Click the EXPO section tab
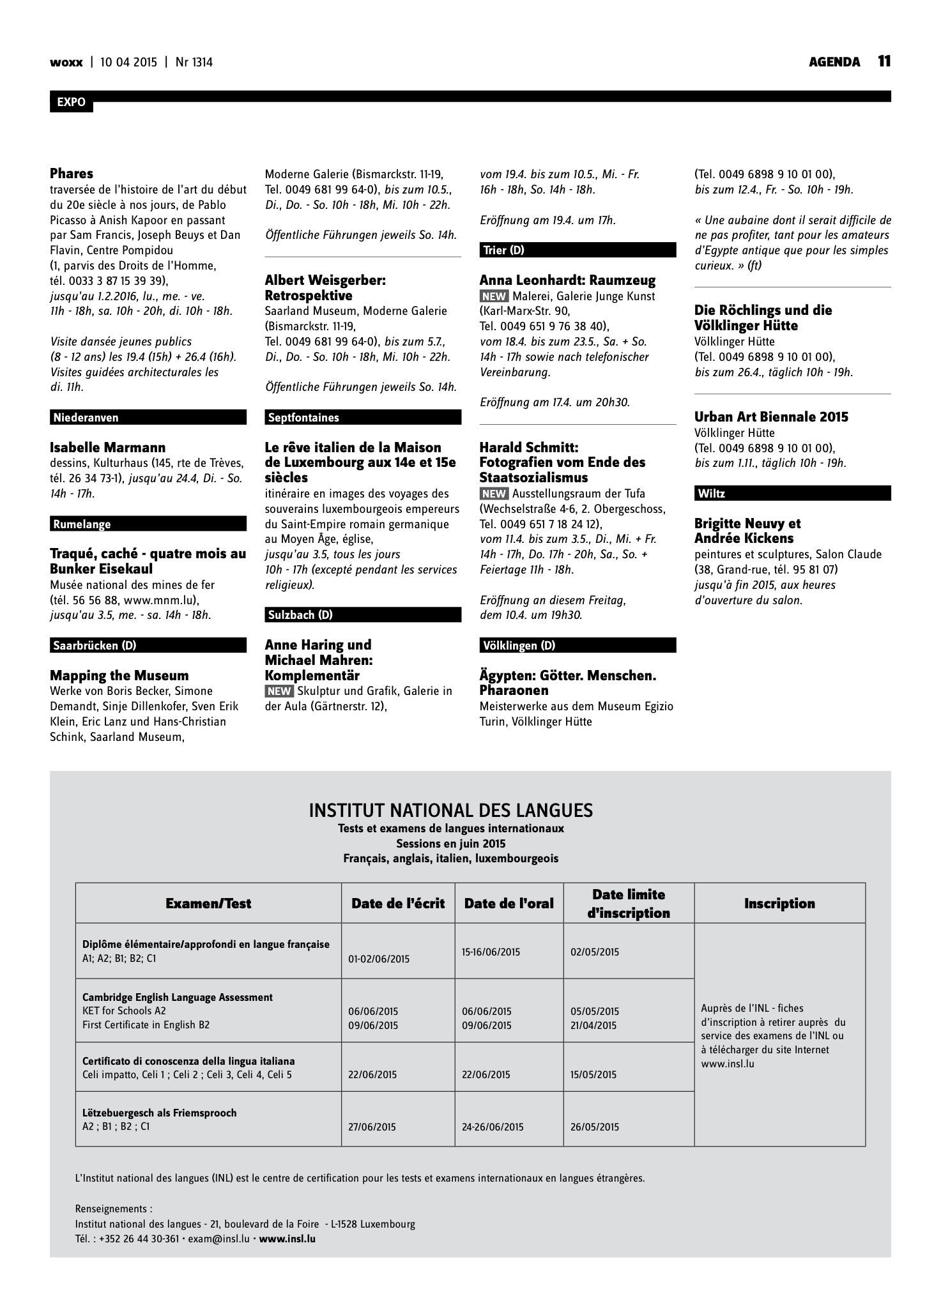71,103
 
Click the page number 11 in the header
884,61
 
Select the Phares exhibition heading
72,174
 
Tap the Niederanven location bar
148,418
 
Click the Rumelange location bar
148,524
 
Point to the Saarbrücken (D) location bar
148,646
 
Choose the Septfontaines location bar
362,418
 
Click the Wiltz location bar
792,494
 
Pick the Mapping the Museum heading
119,676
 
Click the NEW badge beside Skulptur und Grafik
279,691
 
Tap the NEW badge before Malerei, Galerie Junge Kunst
494,296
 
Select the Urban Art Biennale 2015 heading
771,417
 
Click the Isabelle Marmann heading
107,447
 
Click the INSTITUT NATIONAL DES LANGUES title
450,811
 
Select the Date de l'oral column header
509,903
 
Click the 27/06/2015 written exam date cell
372,1127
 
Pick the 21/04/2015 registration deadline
594,1026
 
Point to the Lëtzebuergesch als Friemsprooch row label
159,1113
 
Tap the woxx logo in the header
66,62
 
